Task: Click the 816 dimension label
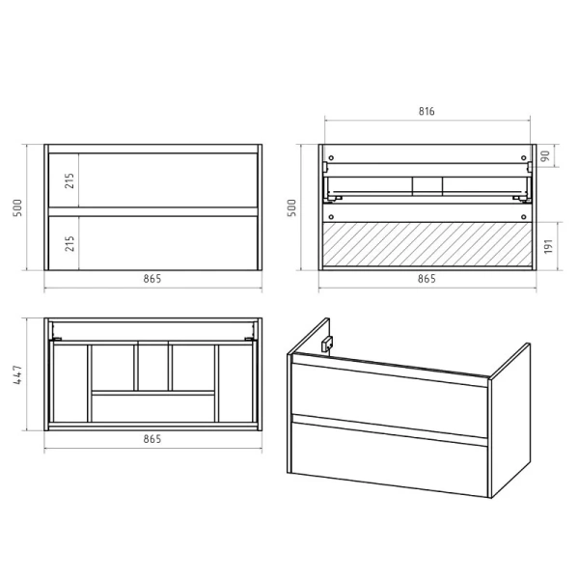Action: point(427,111)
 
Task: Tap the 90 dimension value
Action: point(545,155)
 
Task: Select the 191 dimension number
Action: point(548,246)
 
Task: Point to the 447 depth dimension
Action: point(17,374)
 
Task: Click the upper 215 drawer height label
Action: point(69,180)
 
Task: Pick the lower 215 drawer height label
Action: point(69,243)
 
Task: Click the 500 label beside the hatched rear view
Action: point(291,207)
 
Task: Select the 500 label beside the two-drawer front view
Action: point(17,207)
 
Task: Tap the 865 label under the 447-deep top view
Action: point(152,439)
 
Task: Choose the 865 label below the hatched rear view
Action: point(427,279)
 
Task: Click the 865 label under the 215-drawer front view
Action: point(152,279)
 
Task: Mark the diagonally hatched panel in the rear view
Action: point(427,244)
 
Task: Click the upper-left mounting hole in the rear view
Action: point(331,158)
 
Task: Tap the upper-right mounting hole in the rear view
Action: point(523,158)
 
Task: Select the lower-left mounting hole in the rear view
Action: point(331,217)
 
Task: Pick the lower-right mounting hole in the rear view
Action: point(523,217)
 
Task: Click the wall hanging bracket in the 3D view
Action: point(327,345)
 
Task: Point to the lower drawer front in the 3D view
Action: point(390,458)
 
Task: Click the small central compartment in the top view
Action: point(152,368)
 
